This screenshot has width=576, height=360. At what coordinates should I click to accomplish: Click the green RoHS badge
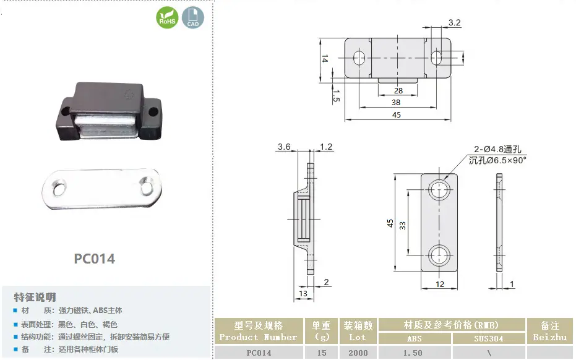pyautogui.click(x=167, y=17)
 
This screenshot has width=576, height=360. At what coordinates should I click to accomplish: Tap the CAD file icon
pyautogui.click(x=193, y=17)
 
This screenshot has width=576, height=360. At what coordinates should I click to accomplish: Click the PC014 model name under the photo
pyautogui.click(x=95, y=259)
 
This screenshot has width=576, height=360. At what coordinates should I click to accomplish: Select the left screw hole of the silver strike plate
pyautogui.click(x=59, y=189)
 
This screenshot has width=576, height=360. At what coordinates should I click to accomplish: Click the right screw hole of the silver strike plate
pyautogui.click(x=146, y=187)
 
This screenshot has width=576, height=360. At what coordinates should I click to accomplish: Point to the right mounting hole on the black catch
pyautogui.click(x=153, y=111)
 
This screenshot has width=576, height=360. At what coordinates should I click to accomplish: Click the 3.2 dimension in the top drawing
pyautogui.click(x=454, y=23)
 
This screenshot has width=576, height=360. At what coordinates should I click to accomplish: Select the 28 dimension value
pyautogui.click(x=398, y=90)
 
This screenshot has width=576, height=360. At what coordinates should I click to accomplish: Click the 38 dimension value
pyautogui.click(x=395, y=103)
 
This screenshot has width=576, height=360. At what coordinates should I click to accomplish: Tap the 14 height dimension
pyautogui.click(x=325, y=58)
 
